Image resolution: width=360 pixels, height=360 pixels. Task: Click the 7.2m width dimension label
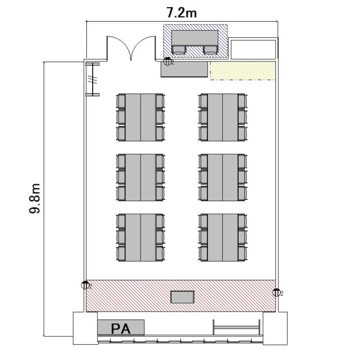tap(181, 12)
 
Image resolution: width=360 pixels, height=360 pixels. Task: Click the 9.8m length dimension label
tap(35, 199)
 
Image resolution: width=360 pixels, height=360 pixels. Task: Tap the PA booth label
tap(121, 328)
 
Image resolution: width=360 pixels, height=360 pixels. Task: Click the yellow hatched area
tap(243, 71)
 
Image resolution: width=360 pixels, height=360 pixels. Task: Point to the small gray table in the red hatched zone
tap(182, 297)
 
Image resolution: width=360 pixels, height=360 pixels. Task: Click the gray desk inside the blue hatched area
tap(195, 38)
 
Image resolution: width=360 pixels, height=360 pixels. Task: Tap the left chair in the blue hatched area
tap(179, 50)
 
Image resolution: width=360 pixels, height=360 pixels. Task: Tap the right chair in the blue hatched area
tap(210, 50)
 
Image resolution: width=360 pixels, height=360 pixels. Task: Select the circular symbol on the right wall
tap(276, 292)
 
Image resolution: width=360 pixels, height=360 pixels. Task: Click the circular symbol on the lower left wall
tap(85, 285)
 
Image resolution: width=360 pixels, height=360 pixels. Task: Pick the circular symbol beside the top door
tap(167, 61)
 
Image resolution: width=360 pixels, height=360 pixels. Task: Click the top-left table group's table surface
tap(141, 117)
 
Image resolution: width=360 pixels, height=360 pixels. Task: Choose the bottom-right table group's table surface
tap(222, 238)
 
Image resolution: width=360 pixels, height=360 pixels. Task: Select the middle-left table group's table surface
tap(141, 178)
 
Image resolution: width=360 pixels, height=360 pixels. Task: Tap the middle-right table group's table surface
tap(222, 178)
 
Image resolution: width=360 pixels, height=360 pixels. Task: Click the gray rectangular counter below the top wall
tap(184, 69)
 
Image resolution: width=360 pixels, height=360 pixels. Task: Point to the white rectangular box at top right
tap(253, 49)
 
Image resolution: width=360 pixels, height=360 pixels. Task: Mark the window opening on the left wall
tap(93, 79)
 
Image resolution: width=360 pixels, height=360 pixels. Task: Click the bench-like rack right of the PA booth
tap(237, 327)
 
